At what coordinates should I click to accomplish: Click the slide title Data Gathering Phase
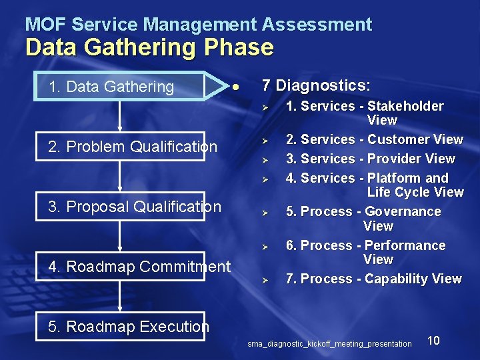pos(149,47)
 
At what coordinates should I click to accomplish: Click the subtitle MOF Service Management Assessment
pos(199,25)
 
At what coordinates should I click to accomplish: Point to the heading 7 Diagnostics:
pos(316,85)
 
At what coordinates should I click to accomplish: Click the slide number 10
pos(433,341)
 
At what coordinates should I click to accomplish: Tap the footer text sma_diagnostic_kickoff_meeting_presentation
pos(329,344)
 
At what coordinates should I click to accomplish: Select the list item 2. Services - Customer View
pos(374,139)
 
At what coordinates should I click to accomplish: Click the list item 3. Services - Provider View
pos(370,159)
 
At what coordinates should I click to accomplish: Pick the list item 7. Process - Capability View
pos(373,279)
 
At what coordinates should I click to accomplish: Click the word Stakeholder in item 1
pos(405,106)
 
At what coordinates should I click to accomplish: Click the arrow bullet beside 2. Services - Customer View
pos(264,140)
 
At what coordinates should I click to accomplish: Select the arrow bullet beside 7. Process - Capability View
pos(264,279)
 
